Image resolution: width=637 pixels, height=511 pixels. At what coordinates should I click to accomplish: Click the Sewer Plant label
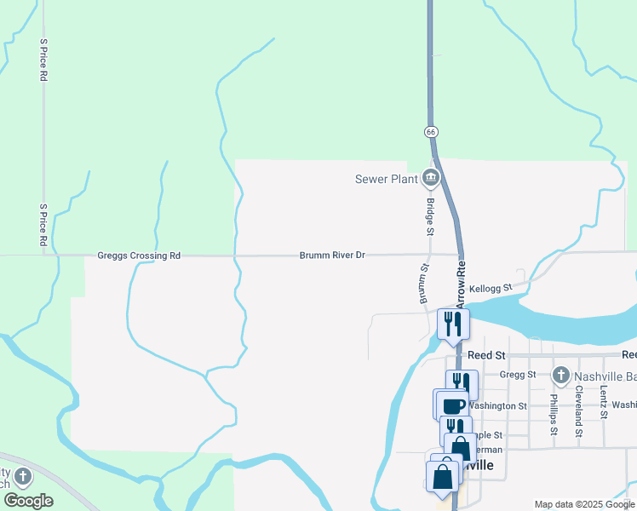(x=386, y=179)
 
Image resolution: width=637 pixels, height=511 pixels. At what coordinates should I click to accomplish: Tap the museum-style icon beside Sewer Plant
(x=430, y=178)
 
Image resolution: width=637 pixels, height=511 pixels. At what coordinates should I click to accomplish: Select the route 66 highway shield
(x=432, y=132)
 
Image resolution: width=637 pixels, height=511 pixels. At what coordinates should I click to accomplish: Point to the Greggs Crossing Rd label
(x=139, y=255)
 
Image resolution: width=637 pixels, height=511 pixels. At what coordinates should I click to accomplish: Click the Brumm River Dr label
(x=332, y=255)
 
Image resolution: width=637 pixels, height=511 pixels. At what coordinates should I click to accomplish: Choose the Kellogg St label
(x=487, y=289)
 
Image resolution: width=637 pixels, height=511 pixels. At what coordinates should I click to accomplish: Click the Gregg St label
(x=518, y=374)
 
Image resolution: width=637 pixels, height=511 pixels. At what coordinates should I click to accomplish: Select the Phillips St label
(x=553, y=414)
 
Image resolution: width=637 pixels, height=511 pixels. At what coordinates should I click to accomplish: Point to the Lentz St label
(x=603, y=402)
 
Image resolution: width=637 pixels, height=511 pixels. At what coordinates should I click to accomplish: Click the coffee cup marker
(x=454, y=405)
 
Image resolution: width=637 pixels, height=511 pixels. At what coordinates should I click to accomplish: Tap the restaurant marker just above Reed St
(x=453, y=324)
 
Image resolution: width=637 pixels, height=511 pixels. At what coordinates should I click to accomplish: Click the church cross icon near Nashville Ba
(x=560, y=375)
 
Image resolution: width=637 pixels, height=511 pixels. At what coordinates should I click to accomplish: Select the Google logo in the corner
(x=28, y=501)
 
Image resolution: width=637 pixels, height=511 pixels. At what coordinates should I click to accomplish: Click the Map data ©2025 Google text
(x=583, y=504)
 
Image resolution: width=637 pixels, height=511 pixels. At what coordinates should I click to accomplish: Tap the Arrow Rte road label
(x=461, y=284)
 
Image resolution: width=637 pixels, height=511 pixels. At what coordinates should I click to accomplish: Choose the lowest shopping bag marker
(x=443, y=479)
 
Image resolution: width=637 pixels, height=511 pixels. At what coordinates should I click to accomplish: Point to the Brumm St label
(x=422, y=284)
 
